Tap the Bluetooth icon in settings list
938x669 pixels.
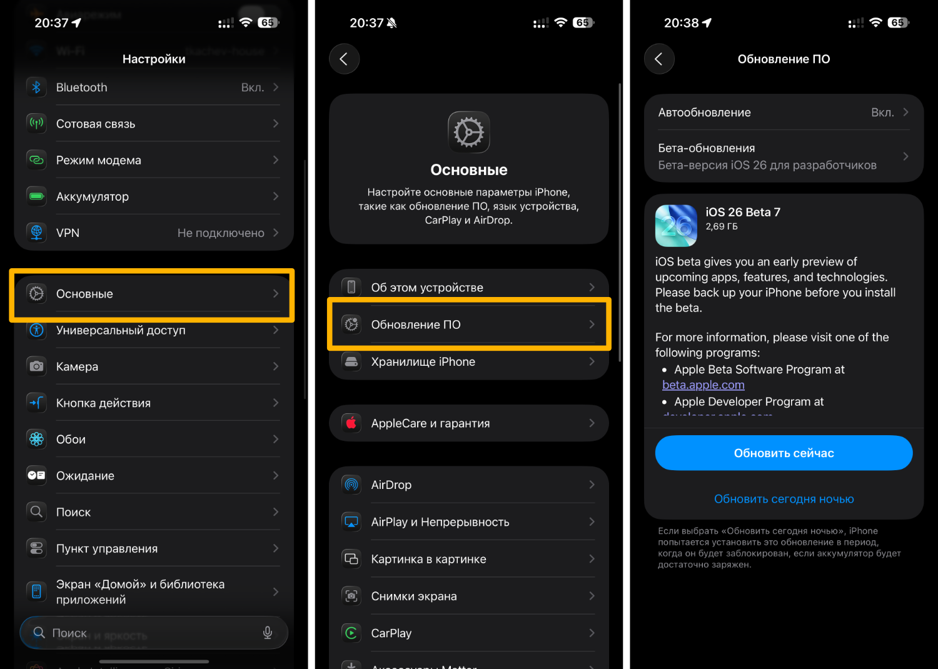click(x=36, y=88)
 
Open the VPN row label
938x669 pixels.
click(x=68, y=233)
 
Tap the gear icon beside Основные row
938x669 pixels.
click(x=36, y=294)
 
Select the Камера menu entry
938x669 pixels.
click(x=77, y=367)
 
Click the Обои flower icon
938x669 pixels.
click(x=36, y=440)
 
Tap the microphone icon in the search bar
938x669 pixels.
click(x=268, y=633)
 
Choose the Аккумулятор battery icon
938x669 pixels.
click(x=36, y=197)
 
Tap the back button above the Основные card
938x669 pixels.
click(x=344, y=59)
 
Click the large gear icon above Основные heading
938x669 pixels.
click(x=468, y=133)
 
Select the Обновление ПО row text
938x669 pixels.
click(x=416, y=325)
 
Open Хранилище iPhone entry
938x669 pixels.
click(x=423, y=362)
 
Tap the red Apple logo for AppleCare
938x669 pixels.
click(x=351, y=423)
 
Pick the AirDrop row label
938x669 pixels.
click(x=391, y=485)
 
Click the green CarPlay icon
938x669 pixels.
click(x=351, y=633)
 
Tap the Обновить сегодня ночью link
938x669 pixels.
click(x=784, y=499)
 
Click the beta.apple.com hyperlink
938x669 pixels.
click(x=703, y=385)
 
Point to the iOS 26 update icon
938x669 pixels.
click(x=676, y=226)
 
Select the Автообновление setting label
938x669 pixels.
click(x=704, y=113)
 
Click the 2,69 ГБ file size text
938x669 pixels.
click(x=722, y=227)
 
